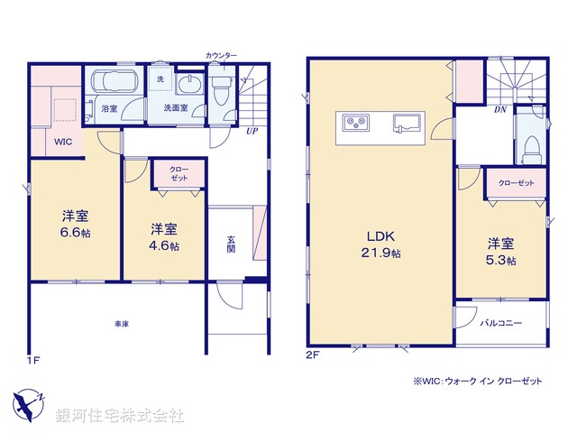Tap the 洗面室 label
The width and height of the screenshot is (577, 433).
click(176, 107)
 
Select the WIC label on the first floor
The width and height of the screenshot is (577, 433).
click(62, 142)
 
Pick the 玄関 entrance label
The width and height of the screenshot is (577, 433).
click(231, 244)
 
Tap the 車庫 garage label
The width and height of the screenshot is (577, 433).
click(119, 323)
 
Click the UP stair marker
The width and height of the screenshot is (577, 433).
click(253, 130)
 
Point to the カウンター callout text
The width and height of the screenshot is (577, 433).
click(222, 56)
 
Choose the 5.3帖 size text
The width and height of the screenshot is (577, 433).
click(501, 261)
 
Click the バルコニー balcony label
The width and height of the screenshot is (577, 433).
click(500, 321)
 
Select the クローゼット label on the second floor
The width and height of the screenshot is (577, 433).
click(516, 183)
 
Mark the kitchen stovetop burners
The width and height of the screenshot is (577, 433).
click(354, 122)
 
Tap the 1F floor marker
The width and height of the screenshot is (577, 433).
click(33, 361)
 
